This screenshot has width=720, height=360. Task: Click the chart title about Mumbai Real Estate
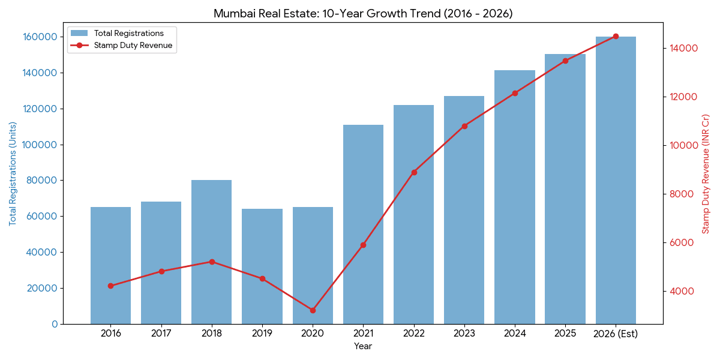click(x=363, y=13)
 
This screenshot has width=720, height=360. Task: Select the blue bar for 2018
click(x=211, y=252)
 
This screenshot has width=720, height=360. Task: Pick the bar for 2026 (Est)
click(x=616, y=180)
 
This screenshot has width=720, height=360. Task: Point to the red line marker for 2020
click(x=313, y=310)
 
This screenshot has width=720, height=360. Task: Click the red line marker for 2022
click(x=414, y=172)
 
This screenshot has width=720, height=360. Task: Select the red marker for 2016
click(x=110, y=286)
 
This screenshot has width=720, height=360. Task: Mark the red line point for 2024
click(x=515, y=93)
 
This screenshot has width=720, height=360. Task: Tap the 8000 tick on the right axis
click(x=685, y=194)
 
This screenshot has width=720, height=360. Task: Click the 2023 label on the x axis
click(x=464, y=334)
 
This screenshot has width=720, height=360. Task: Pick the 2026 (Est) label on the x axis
click(x=616, y=334)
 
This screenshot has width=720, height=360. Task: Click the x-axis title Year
click(x=363, y=346)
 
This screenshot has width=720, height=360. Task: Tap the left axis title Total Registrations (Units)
click(x=13, y=174)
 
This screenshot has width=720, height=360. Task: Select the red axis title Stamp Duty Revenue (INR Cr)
click(x=706, y=174)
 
